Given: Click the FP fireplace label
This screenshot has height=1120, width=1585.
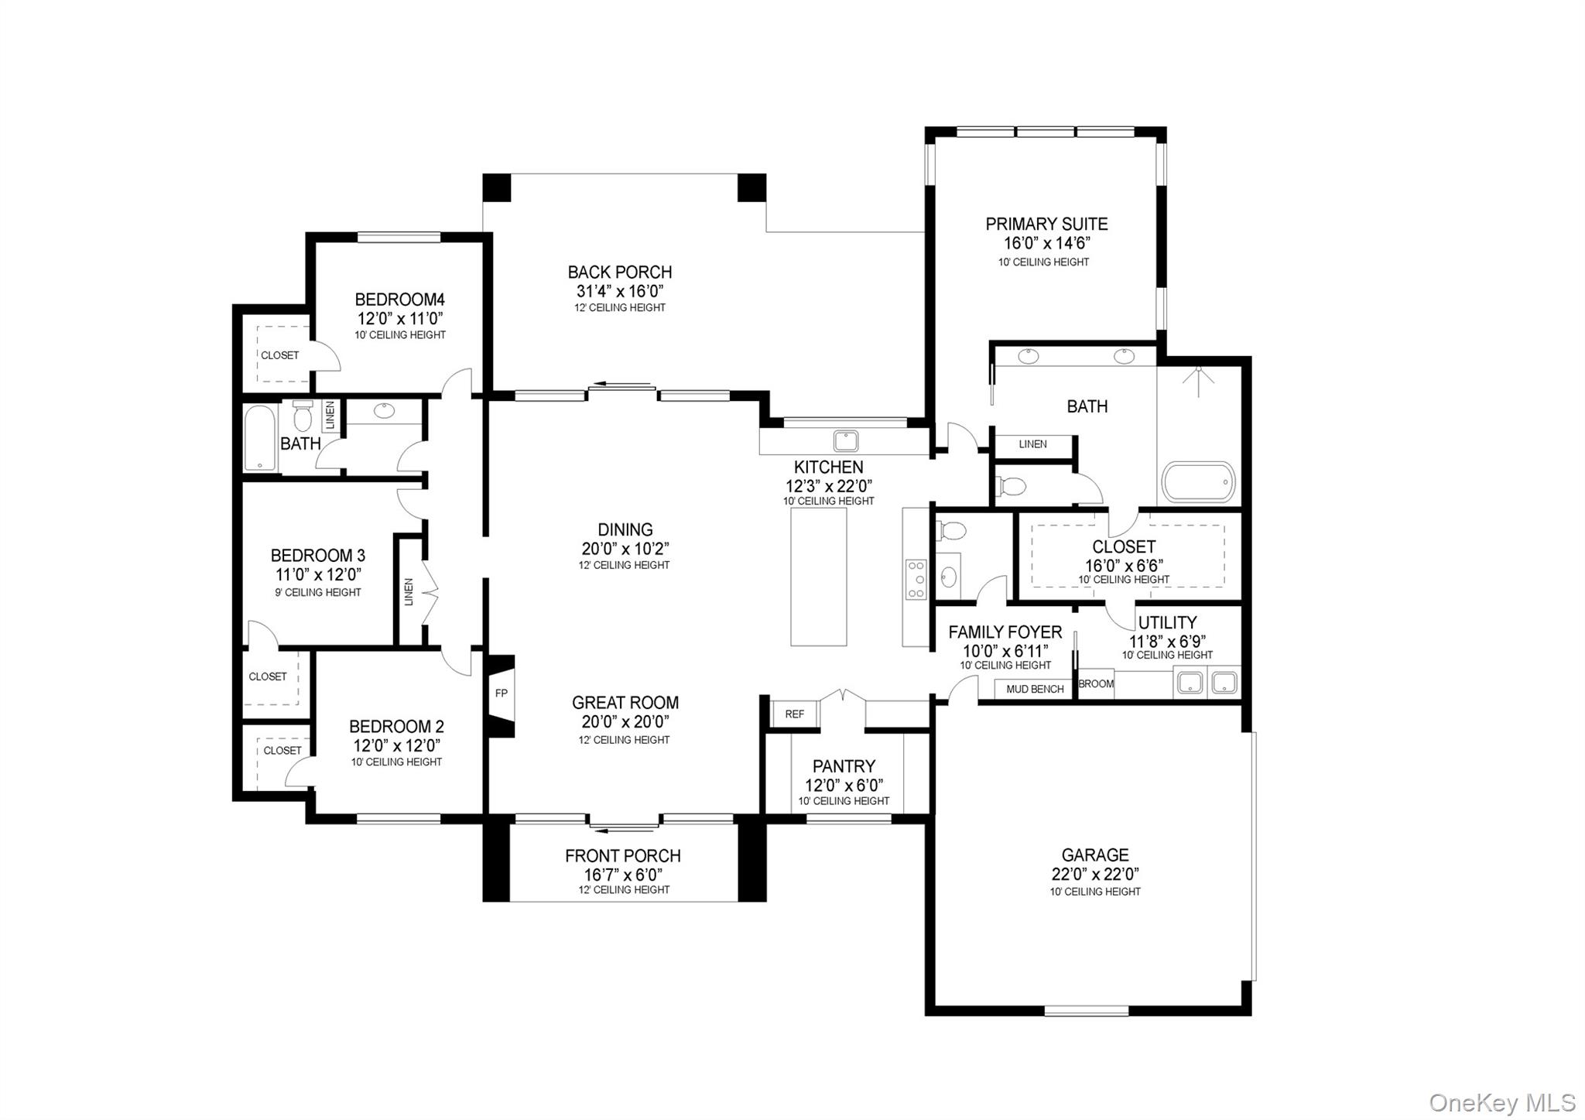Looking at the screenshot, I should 501,694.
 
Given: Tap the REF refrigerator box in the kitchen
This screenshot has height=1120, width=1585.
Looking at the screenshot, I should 794,714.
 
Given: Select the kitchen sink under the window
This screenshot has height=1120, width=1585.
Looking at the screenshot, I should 845,442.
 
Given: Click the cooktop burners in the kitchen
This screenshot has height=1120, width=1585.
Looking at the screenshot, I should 916,579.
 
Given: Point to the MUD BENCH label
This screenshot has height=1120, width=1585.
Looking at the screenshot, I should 1035,689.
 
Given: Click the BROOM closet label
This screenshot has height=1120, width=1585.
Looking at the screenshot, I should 1095,684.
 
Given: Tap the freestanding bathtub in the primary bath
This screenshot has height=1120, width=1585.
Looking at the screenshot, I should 1199,483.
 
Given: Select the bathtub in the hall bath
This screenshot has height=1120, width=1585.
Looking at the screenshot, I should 260,438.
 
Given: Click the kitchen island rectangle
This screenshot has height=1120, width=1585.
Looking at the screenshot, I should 818,577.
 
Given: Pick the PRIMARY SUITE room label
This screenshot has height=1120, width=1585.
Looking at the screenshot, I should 1046,224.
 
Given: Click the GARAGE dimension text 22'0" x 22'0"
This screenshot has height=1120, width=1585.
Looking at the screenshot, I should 1094,875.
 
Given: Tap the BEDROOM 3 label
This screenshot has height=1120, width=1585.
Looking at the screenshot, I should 317,556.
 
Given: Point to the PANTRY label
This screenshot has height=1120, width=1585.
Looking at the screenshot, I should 844,766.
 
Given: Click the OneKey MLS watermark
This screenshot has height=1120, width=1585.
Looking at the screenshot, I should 1501,1102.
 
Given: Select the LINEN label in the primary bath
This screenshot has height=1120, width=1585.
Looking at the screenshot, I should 1032,444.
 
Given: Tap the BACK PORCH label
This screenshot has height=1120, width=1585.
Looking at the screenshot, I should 619,272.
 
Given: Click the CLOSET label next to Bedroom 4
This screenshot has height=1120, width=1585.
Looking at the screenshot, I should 279,356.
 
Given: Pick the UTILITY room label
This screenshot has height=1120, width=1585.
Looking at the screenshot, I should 1167,623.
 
